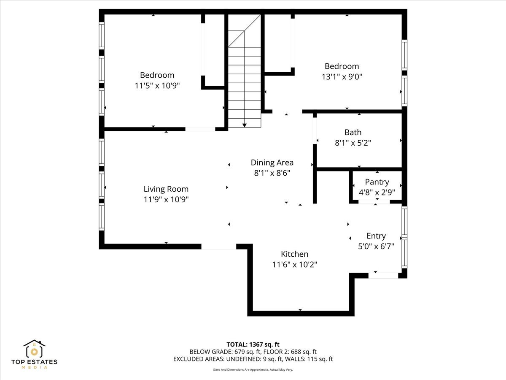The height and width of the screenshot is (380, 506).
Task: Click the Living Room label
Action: (x=166, y=189)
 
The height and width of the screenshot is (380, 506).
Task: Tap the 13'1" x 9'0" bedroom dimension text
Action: (x=342, y=76)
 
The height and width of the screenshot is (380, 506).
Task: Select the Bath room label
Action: (x=353, y=133)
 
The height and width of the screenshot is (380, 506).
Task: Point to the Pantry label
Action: (x=377, y=182)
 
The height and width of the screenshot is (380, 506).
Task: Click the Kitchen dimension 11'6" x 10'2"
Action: (x=295, y=264)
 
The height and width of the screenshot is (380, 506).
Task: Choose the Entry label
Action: (x=376, y=236)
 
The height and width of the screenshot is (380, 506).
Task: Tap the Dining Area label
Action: (x=272, y=163)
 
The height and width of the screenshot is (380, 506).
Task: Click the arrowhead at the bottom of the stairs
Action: (x=244, y=125)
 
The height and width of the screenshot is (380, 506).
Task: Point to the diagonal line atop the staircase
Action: (x=244, y=31)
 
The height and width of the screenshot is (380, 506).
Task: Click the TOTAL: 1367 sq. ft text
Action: (x=253, y=345)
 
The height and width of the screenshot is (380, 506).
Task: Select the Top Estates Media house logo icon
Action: (x=34, y=349)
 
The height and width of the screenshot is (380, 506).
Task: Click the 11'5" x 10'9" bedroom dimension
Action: (x=157, y=86)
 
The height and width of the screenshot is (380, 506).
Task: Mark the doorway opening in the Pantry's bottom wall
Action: (x=374, y=202)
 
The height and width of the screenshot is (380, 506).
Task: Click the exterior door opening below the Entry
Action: (x=383, y=275)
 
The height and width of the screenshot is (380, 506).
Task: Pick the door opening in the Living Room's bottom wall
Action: (x=219, y=246)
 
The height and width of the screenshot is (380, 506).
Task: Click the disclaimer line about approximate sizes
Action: (x=253, y=369)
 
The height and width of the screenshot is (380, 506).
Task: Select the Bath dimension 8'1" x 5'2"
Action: (x=353, y=143)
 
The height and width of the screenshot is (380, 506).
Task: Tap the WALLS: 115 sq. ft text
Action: (x=309, y=359)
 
